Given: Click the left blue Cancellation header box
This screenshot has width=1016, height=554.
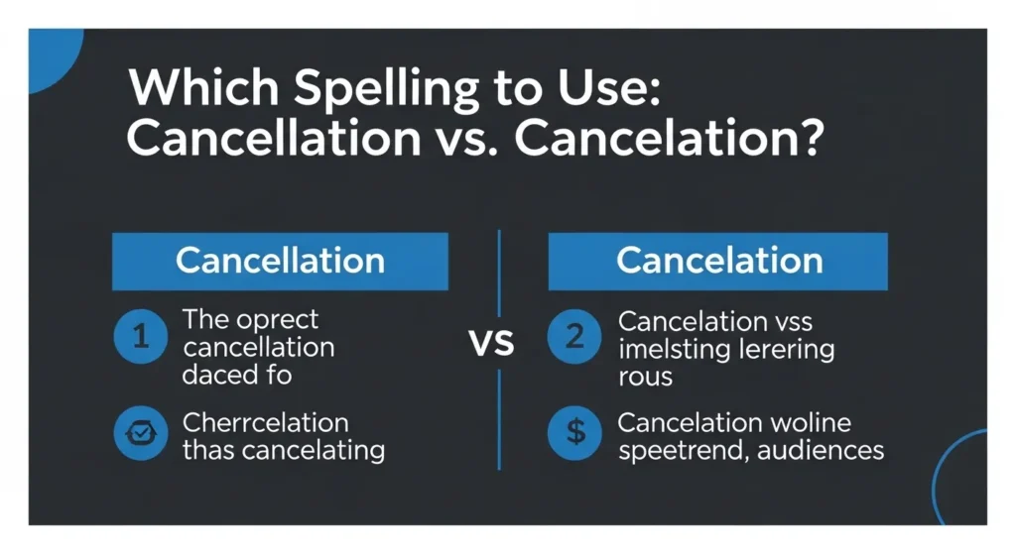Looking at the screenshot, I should click(x=280, y=261).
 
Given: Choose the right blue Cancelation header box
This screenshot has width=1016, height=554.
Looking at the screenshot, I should click(x=718, y=261).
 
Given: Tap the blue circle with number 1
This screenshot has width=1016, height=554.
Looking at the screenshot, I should click(x=141, y=338).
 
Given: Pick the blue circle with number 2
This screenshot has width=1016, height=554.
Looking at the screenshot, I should click(x=574, y=338).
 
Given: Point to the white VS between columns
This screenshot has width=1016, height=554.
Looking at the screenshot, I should click(x=491, y=344).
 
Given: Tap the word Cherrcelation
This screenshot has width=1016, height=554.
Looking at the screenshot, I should click(x=265, y=423).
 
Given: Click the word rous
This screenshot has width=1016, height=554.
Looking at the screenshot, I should click(x=645, y=377).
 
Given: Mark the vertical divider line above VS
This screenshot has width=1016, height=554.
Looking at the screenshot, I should click(x=498, y=273).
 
